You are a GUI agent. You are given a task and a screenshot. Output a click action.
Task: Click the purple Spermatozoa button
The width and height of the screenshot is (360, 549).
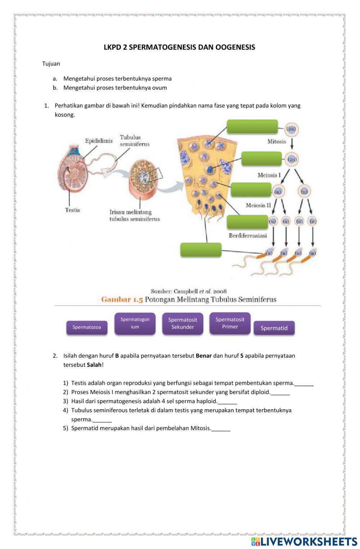[x=87, y=327]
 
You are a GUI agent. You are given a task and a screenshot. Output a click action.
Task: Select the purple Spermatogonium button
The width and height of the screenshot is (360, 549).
[x=135, y=323]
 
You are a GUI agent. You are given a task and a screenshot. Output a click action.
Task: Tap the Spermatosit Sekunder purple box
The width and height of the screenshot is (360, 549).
[x=183, y=323]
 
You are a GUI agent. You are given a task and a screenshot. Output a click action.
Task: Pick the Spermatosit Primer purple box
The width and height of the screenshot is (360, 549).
[x=230, y=323]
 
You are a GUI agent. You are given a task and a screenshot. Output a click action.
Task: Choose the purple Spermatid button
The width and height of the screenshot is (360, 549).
[x=274, y=328]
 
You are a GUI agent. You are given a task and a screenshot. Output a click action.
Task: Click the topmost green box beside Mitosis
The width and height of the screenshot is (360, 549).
[x=252, y=127]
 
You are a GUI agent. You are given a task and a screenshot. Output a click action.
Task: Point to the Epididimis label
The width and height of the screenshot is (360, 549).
[x=99, y=141]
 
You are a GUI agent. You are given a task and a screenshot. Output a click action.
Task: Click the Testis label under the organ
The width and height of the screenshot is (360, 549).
[x=72, y=210]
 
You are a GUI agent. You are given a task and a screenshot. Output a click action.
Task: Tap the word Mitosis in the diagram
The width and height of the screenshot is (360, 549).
[x=276, y=141]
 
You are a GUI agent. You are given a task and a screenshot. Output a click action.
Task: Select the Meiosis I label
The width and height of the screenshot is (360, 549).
[x=269, y=175]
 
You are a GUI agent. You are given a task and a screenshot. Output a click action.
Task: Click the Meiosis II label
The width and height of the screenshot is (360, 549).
[x=258, y=205]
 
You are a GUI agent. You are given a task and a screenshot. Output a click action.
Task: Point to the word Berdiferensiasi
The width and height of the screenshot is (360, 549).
[x=248, y=235]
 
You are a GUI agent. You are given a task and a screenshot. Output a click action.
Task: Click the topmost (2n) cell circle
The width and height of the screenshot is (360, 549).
[x=292, y=129]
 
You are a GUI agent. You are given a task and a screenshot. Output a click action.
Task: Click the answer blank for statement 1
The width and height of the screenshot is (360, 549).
[x=304, y=383]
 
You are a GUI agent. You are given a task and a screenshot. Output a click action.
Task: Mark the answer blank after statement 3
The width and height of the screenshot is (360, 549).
[x=228, y=401]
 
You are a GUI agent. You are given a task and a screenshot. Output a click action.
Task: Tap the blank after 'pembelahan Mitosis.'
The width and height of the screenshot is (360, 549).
[x=221, y=428]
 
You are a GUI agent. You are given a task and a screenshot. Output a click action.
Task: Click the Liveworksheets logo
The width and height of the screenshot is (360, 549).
[x=304, y=541]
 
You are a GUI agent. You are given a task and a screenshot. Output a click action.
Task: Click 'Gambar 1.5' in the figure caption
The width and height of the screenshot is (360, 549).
[x=122, y=299]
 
